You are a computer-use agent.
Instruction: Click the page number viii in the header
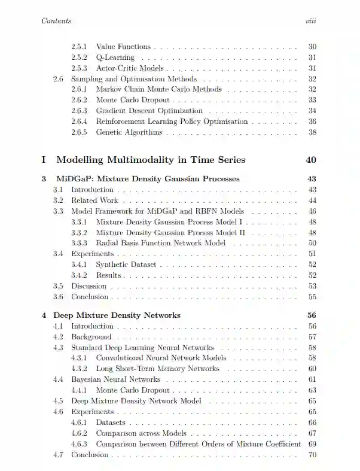coord(310,21)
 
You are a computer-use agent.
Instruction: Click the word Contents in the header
coord(57,21)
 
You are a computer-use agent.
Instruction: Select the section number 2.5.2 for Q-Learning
coord(80,58)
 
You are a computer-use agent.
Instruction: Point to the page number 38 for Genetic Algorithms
coord(312,132)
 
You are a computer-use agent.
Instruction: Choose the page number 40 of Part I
coord(310,160)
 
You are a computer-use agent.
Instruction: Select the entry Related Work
coord(94,200)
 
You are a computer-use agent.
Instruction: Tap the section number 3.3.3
coord(80,243)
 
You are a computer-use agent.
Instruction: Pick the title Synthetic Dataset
coord(125,265)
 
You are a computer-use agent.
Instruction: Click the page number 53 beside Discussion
coord(312,286)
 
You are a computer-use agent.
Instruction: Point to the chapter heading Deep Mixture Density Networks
coord(117,315)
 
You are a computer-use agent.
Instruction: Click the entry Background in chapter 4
coord(91,337)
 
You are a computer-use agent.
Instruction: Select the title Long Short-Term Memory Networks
coord(157,369)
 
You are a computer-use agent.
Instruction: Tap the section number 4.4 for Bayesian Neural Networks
coord(58,379)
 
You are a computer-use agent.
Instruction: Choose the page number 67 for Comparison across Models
coord(312,433)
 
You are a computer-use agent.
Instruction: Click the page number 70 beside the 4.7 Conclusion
coord(312,455)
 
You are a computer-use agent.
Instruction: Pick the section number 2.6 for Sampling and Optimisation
coord(58,79)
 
